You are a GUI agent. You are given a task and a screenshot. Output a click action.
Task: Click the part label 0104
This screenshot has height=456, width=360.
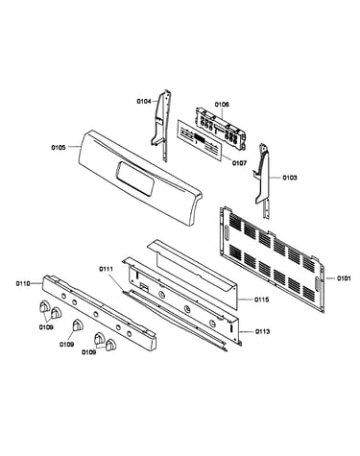click(144, 102)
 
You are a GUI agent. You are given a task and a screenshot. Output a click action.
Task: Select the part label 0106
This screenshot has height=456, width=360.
click(222, 105)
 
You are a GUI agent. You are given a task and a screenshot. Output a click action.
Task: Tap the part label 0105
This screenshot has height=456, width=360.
click(59, 148)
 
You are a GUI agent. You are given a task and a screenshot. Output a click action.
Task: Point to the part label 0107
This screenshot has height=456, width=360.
click(239, 163)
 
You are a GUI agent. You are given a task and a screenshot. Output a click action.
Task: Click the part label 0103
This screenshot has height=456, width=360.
click(289, 178)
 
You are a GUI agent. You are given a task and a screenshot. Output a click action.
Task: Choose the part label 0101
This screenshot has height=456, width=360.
click(344, 278)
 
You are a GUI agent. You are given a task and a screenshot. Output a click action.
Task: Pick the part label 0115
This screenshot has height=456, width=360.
click(262, 300)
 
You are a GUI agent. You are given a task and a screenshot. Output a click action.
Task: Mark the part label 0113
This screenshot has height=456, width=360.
click(262, 331)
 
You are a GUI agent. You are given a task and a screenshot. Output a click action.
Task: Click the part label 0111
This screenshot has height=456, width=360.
click(106, 269)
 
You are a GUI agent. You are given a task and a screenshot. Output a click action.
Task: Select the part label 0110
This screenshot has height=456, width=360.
click(23, 283)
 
